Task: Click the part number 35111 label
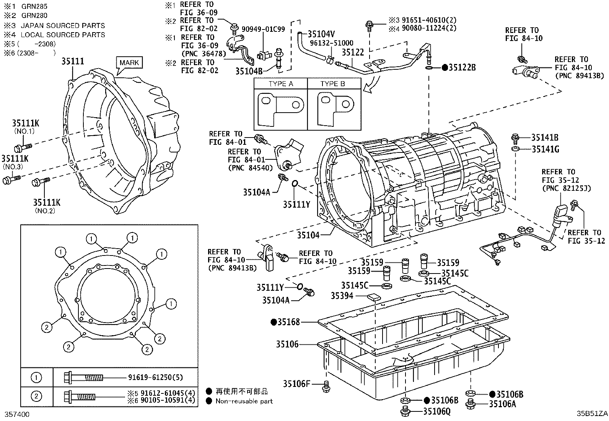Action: tap(73, 61)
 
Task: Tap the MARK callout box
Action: tap(129, 63)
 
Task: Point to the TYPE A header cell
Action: tap(281, 84)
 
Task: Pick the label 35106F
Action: tap(296, 383)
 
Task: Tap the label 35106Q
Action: tap(436, 411)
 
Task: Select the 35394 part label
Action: tap(342, 295)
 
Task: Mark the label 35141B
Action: tap(545, 138)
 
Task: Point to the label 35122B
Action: tap(462, 67)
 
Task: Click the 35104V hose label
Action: tap(321, 34)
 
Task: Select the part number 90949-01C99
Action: tap(263, 29)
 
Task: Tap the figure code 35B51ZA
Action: tap(592, 414)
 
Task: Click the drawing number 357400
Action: tap(17, 414)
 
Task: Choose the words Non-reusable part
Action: tap(244, 401)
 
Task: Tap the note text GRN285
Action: tap(34, 7)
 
